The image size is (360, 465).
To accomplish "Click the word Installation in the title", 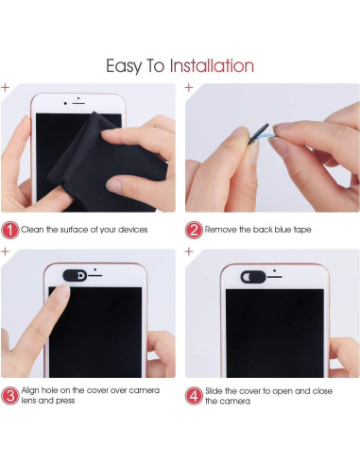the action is (x=212, y=66).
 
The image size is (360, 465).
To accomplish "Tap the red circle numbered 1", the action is (x=10, y=230).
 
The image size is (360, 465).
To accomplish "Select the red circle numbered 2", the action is (x=194, y=230).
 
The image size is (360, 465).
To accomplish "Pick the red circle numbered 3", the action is (x=10, y=396).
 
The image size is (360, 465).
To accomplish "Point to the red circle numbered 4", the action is (x=194, y=396).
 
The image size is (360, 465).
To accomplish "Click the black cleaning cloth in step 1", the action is (x=104, y=164).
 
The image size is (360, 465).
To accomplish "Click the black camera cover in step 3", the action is (x=75, y=275).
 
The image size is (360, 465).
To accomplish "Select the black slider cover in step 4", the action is (x=253, y=277).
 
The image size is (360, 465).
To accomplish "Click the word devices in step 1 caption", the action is (x=132, y=230).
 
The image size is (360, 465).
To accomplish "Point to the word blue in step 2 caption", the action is (x=283, y=230).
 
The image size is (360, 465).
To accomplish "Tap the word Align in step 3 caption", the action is (x=30, y=390).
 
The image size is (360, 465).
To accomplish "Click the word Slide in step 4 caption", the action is (x=214, y=391).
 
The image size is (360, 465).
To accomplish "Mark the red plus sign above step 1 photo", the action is (x=5, y=87).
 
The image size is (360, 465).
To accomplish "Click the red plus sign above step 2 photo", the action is (x=189, y=87).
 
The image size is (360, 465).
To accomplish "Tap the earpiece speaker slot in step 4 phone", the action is (x=274, y=277).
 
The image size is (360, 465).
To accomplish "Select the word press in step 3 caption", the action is (x=65, y=401).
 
